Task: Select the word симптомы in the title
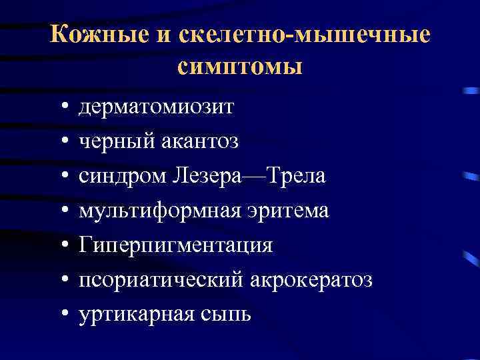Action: [x=241, y=67]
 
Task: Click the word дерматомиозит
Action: [x=156, y=107]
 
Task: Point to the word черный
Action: [x=116, y=141]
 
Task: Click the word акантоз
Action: [x=200, y=141]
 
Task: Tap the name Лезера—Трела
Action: [x=249, y=176]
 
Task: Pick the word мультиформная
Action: [x=150, y=211]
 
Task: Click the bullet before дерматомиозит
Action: [x=61, y=107]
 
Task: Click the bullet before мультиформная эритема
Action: [x=61, y=211]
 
